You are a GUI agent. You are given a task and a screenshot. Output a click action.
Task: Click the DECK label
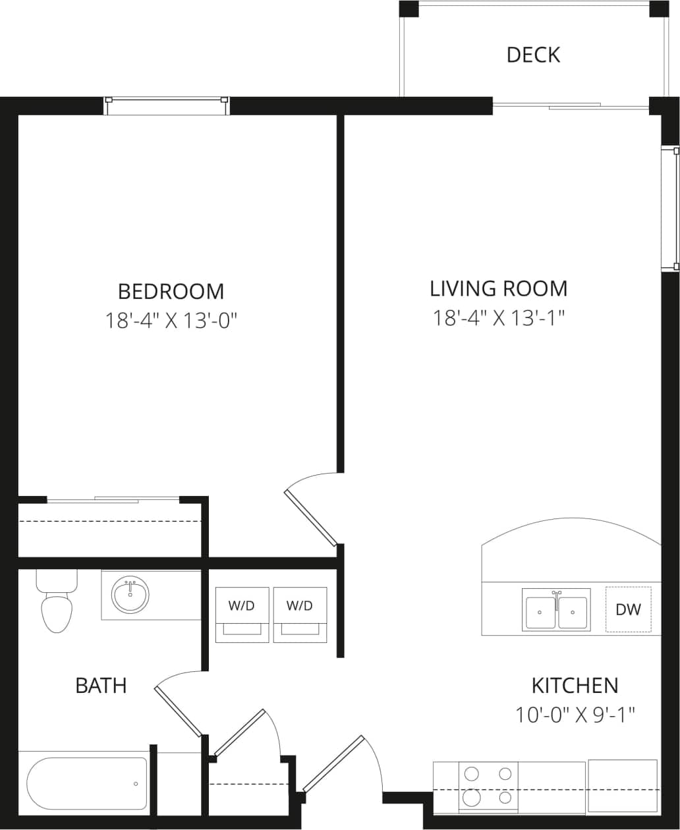533,55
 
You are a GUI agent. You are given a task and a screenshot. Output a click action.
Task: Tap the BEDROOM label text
171,290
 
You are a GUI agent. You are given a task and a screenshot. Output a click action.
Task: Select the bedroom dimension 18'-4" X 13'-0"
171,321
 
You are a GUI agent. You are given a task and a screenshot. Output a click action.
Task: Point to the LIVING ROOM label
498,289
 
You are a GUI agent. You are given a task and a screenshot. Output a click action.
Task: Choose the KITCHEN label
575,685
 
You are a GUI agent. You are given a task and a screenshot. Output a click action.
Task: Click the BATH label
101,685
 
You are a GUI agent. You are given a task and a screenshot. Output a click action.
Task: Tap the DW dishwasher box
628,609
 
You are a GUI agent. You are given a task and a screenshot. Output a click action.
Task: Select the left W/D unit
242,614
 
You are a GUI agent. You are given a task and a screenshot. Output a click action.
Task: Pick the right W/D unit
300,614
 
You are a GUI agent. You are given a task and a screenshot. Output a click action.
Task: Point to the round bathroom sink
130,594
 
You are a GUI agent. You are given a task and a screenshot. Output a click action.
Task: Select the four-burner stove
488,787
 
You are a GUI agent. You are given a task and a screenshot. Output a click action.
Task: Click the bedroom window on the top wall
167,105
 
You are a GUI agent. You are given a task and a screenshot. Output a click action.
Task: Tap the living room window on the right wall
670,207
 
